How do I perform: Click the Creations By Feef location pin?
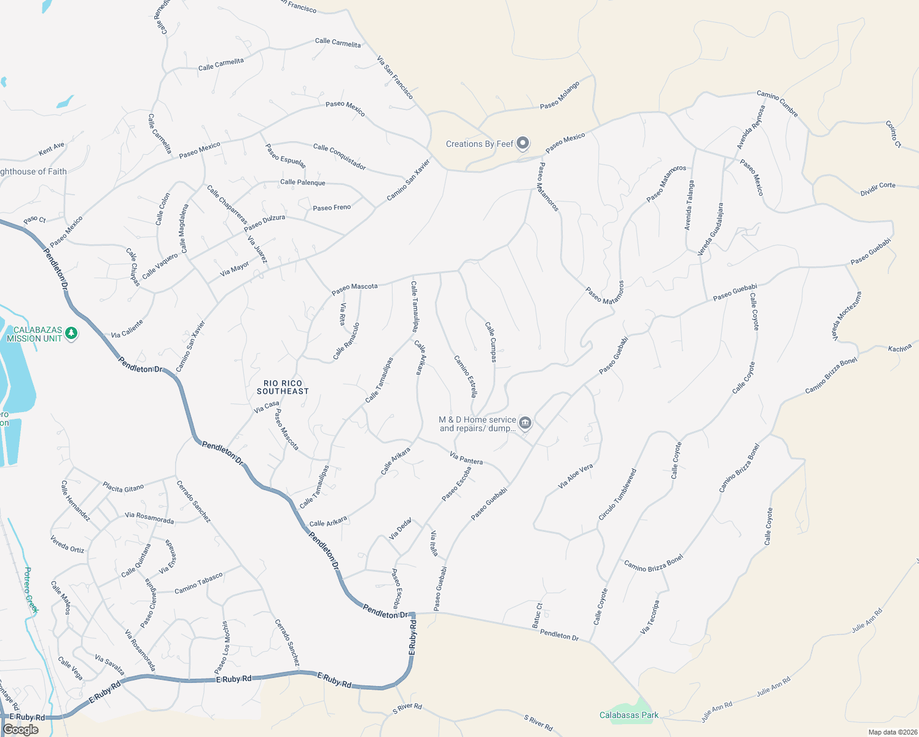pos(523,144)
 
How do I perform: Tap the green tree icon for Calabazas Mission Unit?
pos(71,333)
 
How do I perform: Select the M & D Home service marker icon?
pos(525,423)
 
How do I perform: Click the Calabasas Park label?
pos(629,715)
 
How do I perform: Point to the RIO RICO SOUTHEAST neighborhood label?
pos(283,387)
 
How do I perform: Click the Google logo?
pos(20,730)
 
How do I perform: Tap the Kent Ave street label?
pos(52,149)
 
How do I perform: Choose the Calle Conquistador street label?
pos(340,157)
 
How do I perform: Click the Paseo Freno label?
pos(332,208)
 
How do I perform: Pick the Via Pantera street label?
pos(466,458)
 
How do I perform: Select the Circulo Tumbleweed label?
pos(617,495)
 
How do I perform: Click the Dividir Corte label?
pos(878,189)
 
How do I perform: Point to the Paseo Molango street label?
pos(560,96)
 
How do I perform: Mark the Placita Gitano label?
pos(123,488)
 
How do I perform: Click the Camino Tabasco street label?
pos(198,583)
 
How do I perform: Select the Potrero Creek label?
pos(31,590)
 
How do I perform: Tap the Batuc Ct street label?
pos(538,614)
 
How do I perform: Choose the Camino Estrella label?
pos(466,376)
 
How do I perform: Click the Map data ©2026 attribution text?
pos(892,732)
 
